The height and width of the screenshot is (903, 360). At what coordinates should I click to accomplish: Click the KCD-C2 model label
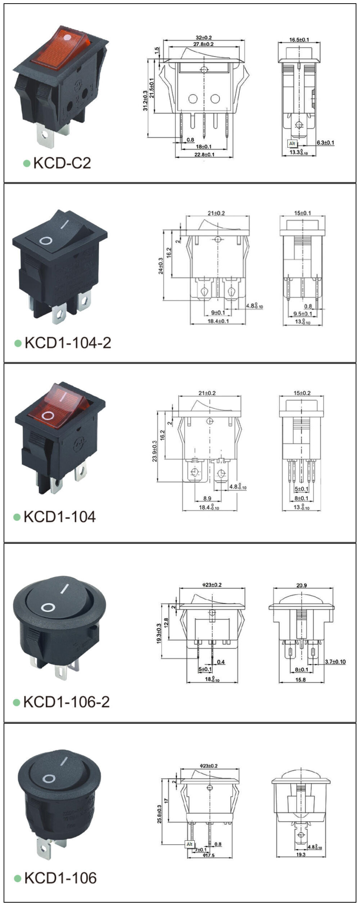point(62,163)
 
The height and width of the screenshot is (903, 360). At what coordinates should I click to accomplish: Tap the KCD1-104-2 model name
point(68,343)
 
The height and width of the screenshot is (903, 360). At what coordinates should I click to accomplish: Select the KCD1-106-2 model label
point(66,701)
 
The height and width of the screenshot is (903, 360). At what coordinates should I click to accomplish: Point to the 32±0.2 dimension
point(204,37)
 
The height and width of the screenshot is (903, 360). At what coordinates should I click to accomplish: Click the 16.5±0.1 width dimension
point(299,40)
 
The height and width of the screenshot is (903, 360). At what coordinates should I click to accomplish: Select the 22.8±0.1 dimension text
point(204,154)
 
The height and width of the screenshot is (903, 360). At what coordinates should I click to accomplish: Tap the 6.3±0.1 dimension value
point(325,143)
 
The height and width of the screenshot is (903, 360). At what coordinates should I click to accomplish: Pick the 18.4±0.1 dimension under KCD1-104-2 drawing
point(218,321)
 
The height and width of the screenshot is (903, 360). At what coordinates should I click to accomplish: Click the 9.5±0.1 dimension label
point(302,314)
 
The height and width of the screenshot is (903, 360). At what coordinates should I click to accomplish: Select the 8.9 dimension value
point(207,498)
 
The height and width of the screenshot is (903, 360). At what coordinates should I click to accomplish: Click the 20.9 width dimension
point(301,585)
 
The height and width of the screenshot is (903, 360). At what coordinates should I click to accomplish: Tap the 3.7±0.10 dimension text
point(335,662)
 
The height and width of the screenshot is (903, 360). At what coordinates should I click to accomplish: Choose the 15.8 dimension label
point(300,679)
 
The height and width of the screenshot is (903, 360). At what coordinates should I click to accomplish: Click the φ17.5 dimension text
point(208,855)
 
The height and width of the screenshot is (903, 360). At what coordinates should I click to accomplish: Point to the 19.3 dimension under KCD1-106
point(301,854)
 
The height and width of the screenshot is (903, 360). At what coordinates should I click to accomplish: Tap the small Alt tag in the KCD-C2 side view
point(292,144)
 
